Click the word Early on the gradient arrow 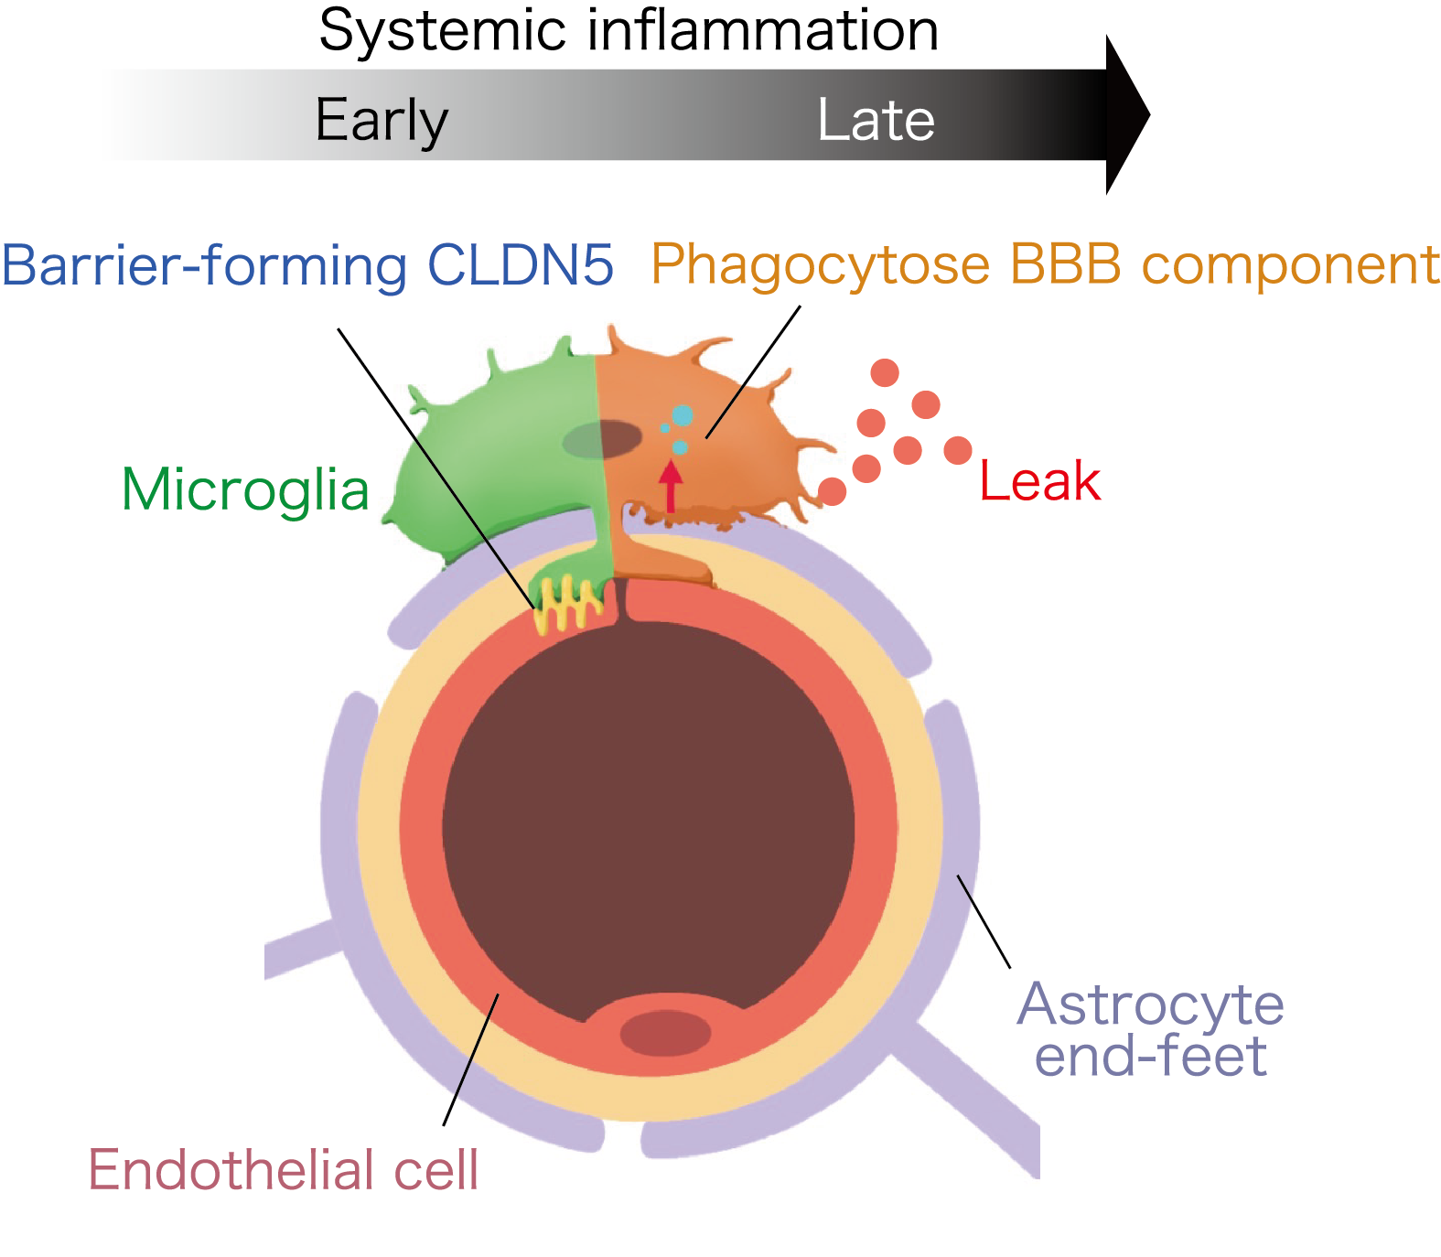[x=382, y=121]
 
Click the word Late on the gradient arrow [x=876, y=121]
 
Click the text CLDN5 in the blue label [x=521, y=265]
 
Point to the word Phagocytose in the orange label [x=820, y=265]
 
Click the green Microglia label [x=245, y=489]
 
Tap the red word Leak [x=1039, y=481]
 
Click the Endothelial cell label [x=283, y=1169]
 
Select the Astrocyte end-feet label [x=1151, y=1029]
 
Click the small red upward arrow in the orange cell [x=672, y=485]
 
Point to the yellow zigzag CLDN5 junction [x=568, y=604]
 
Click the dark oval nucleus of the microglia [x=601, y=440]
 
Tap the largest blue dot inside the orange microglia [x=683, y=415]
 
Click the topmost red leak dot [x=885, y=372]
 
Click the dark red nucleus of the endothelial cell [x=665, y=1034]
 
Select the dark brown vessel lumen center [x=648, y=823]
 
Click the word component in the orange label [x=1290, y=265]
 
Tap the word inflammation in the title [x=762, y=32]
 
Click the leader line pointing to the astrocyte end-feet [x=984, y=921]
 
